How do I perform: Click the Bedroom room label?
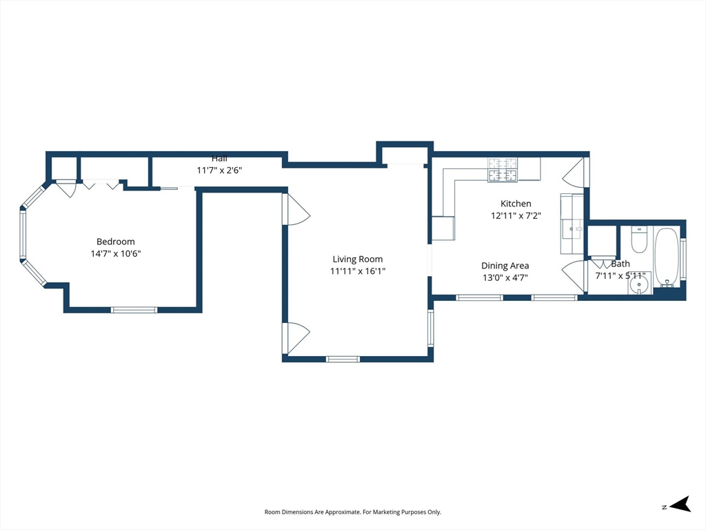tap(115, 242)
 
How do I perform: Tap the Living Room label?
tap(358, 259)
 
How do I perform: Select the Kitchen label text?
tap(516, 204)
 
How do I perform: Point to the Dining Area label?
tap(505, 266)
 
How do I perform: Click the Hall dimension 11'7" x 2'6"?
tap(219, 170)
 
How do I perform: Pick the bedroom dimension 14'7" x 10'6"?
tap(116, 254)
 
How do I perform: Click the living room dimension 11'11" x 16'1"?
tap(358, 271)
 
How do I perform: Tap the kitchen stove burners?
tap(503, 170)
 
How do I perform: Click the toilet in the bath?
tap(639, 239)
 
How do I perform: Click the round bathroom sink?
tap(639, 286)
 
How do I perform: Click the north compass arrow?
tap(680, 504)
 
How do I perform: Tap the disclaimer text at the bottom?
tap(352, 512)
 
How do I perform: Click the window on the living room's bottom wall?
tap(343, 359)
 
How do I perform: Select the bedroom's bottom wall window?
tap(134, 310)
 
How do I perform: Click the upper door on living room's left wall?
tap(295, 208)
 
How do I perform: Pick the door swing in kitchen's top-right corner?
tap(575, 172)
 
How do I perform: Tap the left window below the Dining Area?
tap(479, 297)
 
